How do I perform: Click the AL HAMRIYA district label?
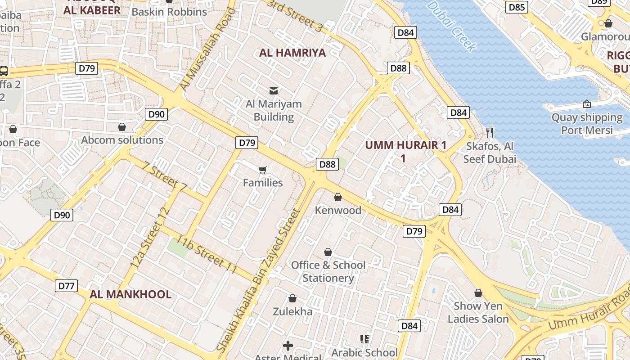tap(292, 53)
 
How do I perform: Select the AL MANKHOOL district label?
tap(130, 294)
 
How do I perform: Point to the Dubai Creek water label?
tap(451, 26)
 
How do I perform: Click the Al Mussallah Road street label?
tap(207, 49)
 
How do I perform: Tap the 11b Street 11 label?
tap(207, 254)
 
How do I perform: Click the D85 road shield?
tap(517, 7)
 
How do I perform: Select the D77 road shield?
tap(67, 286)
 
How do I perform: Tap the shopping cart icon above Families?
tap(263, 170)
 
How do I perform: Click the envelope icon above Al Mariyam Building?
tap(273, 91)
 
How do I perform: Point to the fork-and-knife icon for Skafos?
tap(490, 132)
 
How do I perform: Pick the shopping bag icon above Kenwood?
tap(338, 197)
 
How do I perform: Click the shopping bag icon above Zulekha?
tap(292, 298)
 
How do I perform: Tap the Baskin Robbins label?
tap(169, 12)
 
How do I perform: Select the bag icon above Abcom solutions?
tap(121, 127)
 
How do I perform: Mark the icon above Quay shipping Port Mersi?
tap(587, 104)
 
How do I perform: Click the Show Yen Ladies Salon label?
tap(478, 312)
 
